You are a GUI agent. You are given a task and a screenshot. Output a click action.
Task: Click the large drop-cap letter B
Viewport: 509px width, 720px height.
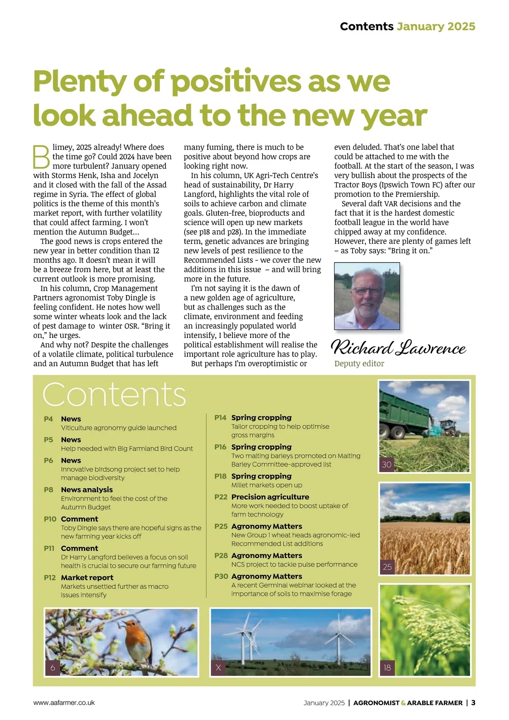click(42, 157)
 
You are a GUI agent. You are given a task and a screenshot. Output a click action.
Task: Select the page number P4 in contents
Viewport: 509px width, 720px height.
click(48, 419)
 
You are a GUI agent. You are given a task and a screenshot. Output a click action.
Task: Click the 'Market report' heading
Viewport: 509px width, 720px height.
click(87, 577)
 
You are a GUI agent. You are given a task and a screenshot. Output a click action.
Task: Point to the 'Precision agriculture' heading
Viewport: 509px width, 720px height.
click(270, 497)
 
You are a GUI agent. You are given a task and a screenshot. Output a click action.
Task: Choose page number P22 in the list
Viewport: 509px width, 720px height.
click(221, 497)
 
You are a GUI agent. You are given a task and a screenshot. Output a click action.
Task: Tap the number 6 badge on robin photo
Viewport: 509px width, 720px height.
click(53, 667)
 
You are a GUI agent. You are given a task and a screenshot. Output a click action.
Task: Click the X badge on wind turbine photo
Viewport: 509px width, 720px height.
click(218, 667)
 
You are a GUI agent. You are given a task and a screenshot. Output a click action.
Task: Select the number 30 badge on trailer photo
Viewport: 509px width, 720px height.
click(386, 464)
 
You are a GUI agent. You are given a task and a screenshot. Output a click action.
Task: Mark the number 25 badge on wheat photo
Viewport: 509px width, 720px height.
click(387, 567)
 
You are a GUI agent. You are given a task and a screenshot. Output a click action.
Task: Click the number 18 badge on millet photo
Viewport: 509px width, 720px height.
click(387, 668)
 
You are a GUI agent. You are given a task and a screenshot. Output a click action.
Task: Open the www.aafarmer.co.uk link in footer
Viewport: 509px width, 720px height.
click(64, 703)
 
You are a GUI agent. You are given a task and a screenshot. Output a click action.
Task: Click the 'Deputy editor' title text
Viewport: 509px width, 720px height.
click(359, 363)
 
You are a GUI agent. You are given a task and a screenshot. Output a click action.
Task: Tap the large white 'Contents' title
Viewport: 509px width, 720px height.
click(114, 395)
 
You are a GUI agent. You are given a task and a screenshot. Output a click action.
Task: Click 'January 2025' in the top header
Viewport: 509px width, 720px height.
click(436, 26)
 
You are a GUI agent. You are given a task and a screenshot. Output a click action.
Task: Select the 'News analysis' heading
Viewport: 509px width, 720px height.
click(87, 489)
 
